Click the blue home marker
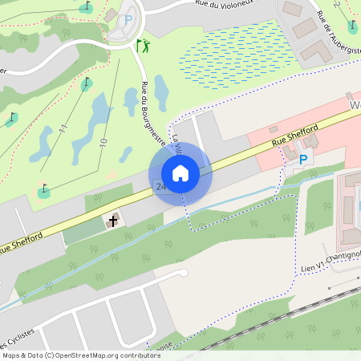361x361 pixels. (180, 172)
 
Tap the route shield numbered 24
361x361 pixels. (161, 187)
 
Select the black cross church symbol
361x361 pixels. (113, 220)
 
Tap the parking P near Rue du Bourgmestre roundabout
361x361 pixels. (128, 20)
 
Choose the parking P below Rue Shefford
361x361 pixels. (303, 160)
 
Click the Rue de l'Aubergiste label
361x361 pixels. (333, 29)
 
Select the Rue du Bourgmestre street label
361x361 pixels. (150, 112)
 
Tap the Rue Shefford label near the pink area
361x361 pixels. (295, 136)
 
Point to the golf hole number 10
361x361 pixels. (103, 142)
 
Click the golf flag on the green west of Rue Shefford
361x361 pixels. (43, 189)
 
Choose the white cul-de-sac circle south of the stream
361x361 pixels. (184, 274)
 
